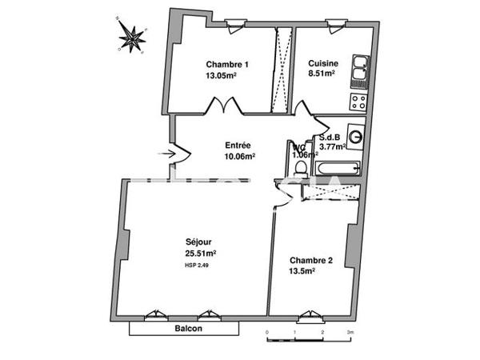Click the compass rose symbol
[x=133, y=35]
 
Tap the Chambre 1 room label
[x=226, y=65]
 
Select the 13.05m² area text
[x=221, y=77]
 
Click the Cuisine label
[x=323, y=64]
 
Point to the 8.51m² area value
[x=322, y=74]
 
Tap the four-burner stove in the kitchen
[x=358, y=102]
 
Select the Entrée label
[x=238, y=146]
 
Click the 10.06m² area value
[x=239, y=157]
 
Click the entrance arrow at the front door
[x=168, y=152]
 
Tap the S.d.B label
[x=332, y=137]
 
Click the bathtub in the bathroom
[x=337, y=168]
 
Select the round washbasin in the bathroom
[x=355, y=138]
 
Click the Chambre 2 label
[x=310, y=260]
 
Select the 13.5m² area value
[x=302, y=271]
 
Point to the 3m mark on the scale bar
[x=350, y=330]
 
